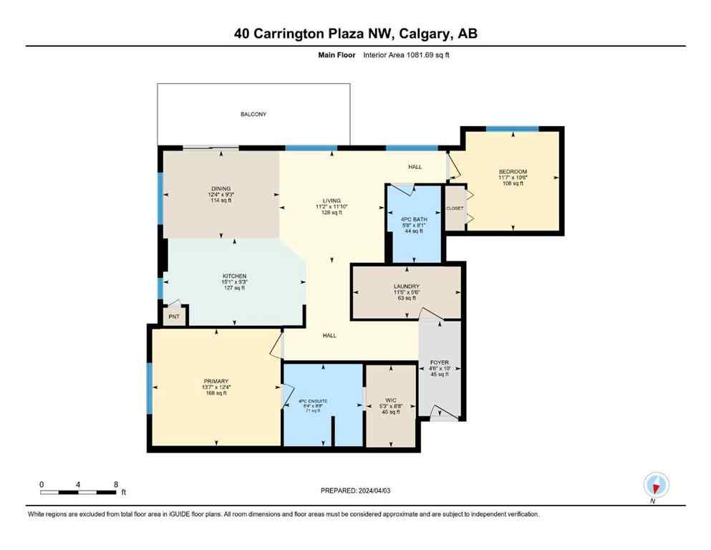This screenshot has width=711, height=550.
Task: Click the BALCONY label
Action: (x=253, y=114)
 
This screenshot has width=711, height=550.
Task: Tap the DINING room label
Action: (x=221, y=189)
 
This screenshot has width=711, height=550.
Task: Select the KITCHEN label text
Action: (x=234, y=276)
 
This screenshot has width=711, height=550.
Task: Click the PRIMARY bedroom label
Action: (x=216, y=381)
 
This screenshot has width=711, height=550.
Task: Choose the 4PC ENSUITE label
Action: (x=312, y=401)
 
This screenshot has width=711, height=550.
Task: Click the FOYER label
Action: (x=440, y=363)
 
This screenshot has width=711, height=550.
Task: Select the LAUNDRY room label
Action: (x=406, y=286)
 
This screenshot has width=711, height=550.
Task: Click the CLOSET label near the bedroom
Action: (x=455, y=208)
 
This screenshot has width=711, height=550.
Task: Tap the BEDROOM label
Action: (x=513, y=172)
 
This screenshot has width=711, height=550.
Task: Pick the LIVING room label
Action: (x=331, y=201)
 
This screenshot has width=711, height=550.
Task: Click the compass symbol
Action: (x=656, y=485)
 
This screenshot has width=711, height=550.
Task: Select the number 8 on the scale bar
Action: (x=116, y=484)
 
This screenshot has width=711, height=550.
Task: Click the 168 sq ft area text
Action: (x=216, y=393)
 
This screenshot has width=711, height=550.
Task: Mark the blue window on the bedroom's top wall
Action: (x=512, y=129)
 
